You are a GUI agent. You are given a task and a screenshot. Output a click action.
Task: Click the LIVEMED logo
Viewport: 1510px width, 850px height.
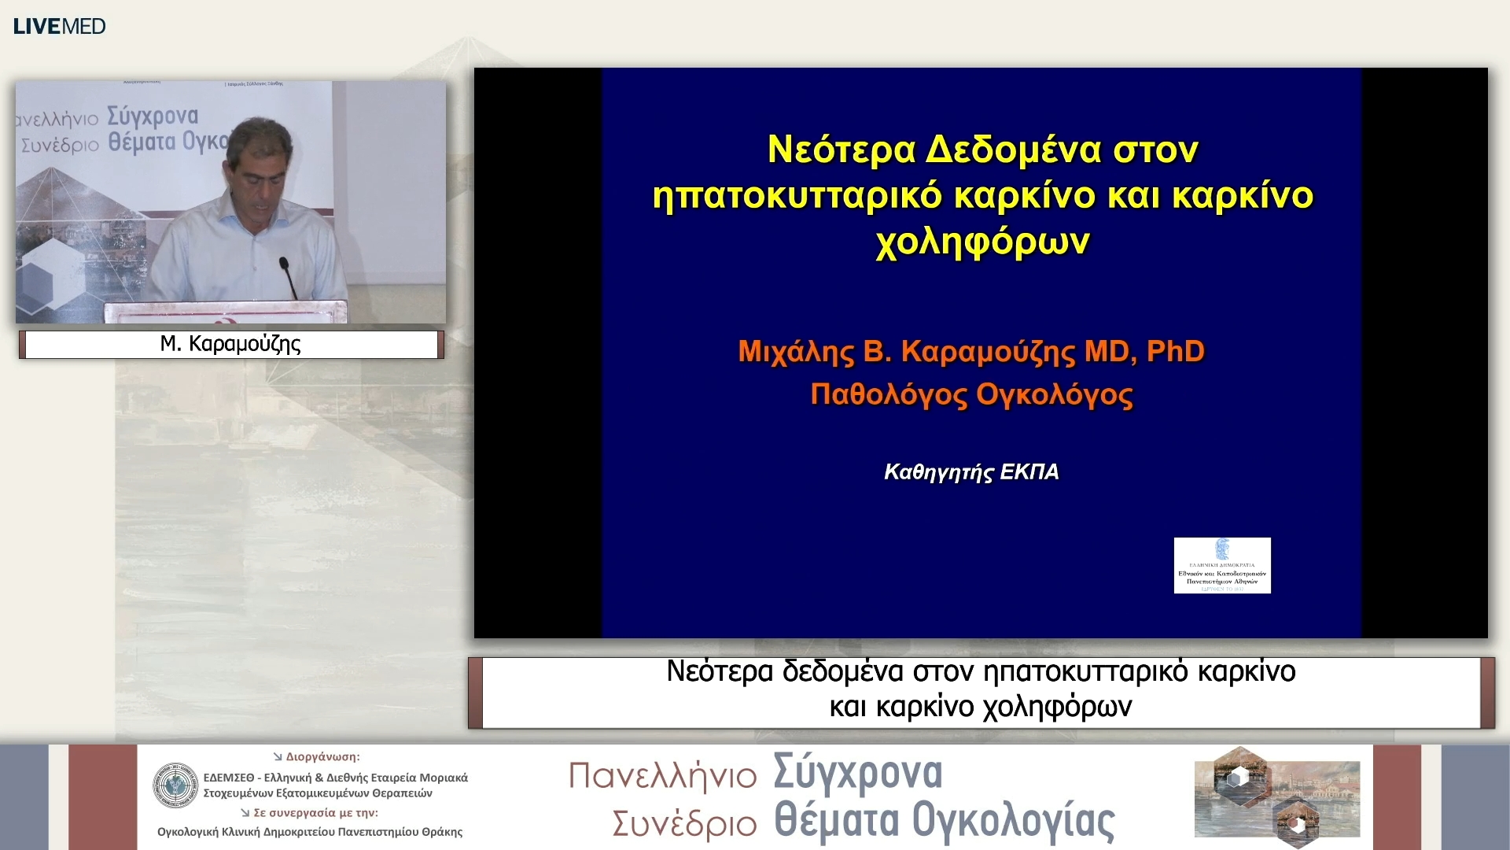click(x=60, y=26)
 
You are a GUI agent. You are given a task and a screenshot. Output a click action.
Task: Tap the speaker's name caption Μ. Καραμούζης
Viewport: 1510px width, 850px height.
click(x=230, y=344)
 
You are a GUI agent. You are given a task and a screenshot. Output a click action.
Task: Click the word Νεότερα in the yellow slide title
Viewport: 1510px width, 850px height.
click(x=841, y=150)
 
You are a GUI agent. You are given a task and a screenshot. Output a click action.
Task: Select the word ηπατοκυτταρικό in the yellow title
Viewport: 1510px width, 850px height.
click(x=796, y=195)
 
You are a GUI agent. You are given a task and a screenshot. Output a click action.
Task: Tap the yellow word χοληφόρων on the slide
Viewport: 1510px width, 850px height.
click(x=982, y=241)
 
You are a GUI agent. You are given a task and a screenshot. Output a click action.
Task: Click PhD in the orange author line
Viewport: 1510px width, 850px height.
click(x=1175, y=351)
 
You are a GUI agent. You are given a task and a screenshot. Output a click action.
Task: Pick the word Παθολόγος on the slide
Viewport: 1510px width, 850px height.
click(x=889, y=394)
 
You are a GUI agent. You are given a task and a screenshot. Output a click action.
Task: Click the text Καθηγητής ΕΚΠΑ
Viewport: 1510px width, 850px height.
click(x=971, y=472)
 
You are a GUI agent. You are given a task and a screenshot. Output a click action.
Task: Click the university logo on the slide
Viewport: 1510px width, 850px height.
click(x=1221, y=565)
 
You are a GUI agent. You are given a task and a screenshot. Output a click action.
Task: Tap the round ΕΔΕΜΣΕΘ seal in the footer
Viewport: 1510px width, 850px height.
click(x=175, y=785)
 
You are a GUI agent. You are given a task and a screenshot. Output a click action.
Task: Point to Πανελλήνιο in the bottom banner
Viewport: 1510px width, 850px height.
click(x=662, y=776)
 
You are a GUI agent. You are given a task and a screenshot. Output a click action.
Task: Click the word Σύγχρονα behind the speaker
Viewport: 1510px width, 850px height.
click(x=153, y=116)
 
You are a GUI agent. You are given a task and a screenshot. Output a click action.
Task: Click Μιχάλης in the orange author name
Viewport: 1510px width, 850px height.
click(x=796, y=351)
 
